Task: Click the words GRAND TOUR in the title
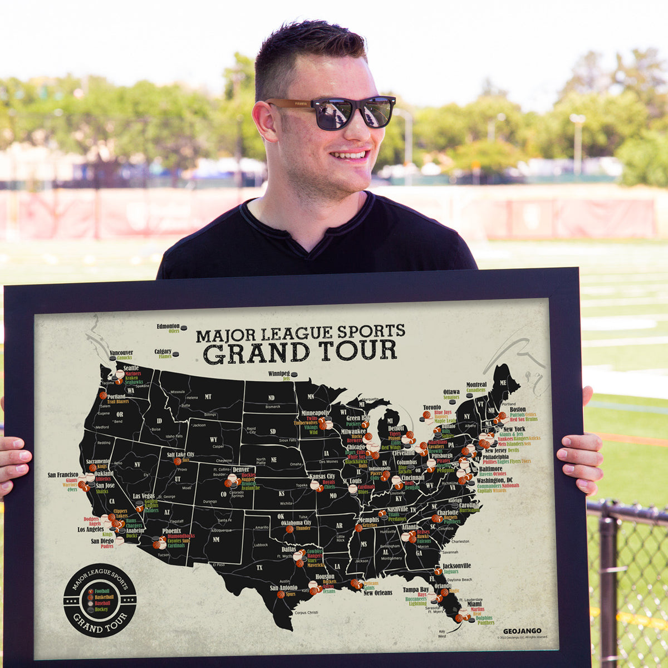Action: click(299, 351)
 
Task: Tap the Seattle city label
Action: click(131, 367)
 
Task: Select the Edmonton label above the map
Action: click(168, 326)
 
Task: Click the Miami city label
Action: click(474, 603)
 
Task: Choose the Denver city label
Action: click(240, 469)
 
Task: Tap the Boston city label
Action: click(517, 409)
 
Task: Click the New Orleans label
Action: click(378, 593)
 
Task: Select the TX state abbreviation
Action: click(259, 567)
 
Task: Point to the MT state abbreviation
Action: click(208, 396)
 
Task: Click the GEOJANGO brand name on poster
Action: click(522, 631)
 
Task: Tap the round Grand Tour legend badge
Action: click(100, 600)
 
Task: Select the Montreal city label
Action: click(476, 384)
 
